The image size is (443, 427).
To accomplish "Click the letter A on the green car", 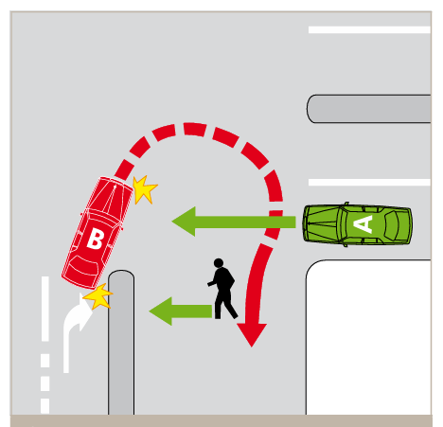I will (x=364, y=222).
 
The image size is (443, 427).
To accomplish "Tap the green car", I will (x=358, y=223).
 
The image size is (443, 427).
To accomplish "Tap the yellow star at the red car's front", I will (x=143, y=189).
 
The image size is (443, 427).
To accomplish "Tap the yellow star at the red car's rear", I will (x=97, y=298).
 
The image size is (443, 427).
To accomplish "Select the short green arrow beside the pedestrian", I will (x=180, y=309).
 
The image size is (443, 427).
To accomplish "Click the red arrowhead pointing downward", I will (x=252, y=332).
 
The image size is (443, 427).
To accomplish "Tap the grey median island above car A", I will (x=369, y=109).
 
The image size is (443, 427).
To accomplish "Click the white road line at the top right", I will (x=369, y=29).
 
